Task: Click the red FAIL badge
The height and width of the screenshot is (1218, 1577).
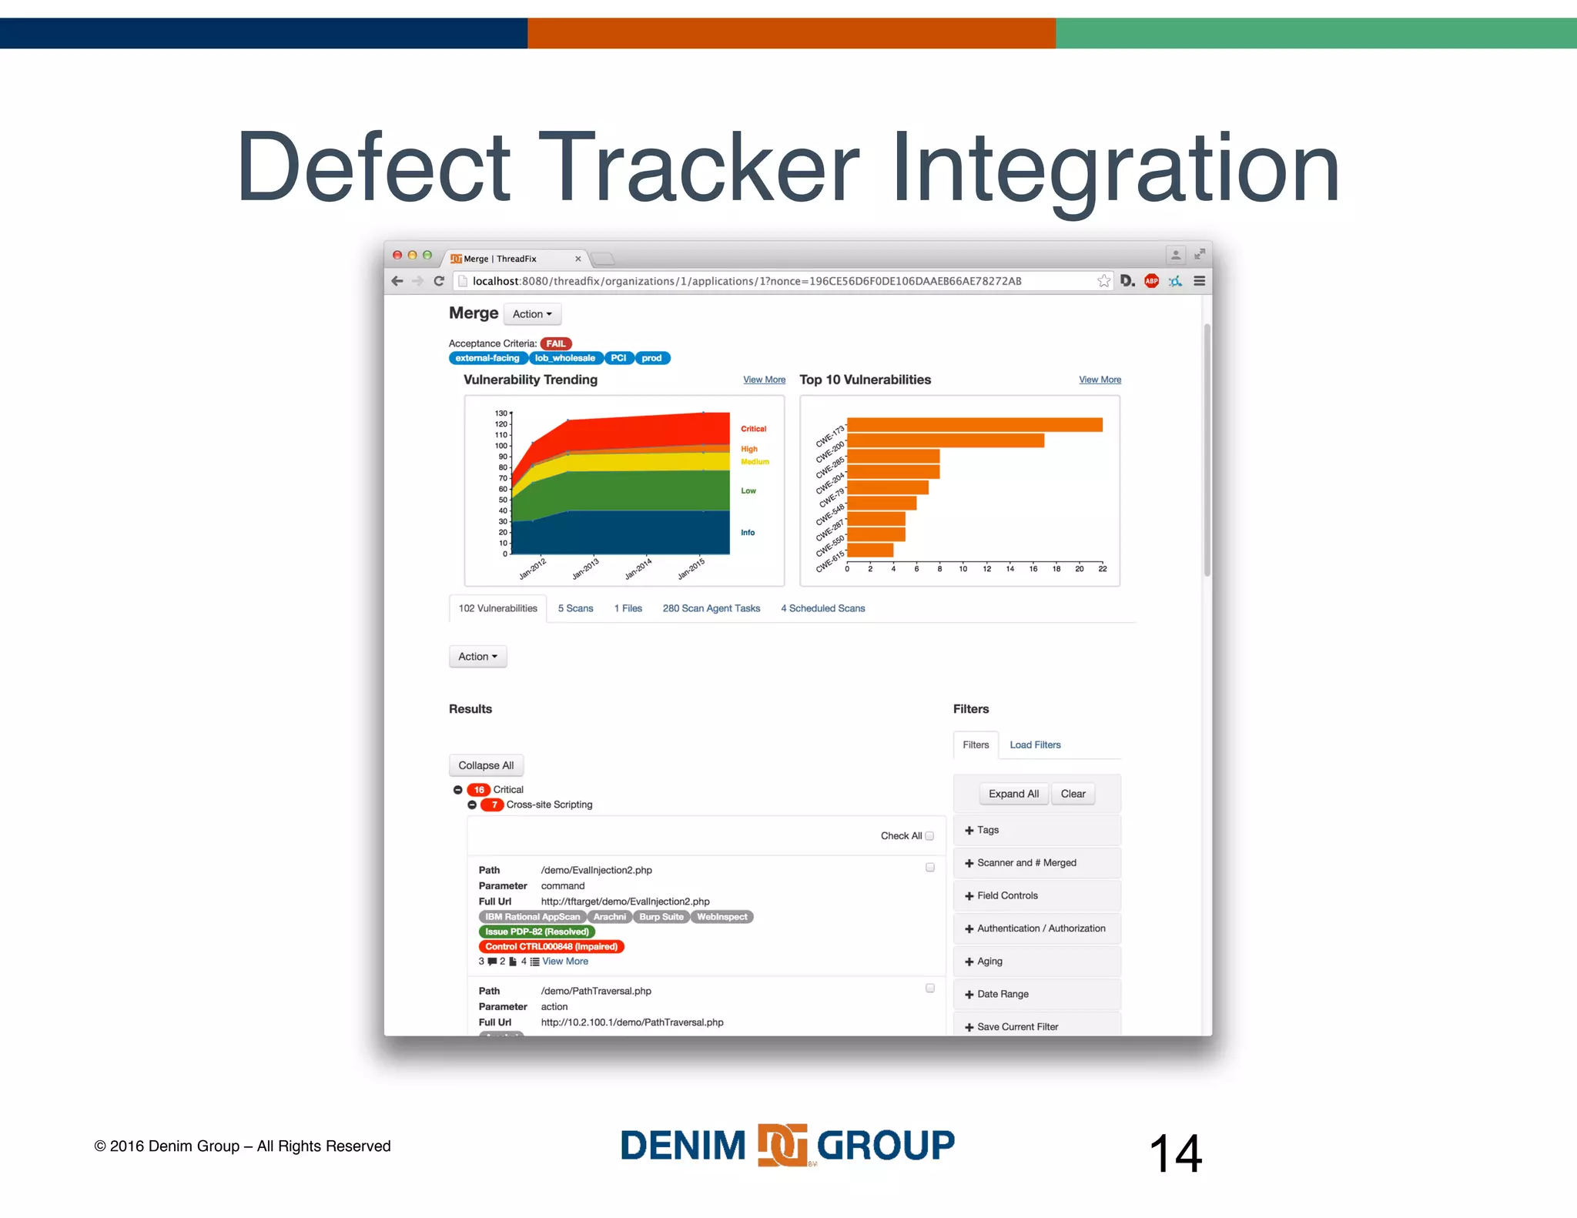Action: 555,343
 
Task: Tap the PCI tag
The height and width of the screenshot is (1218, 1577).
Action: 618,358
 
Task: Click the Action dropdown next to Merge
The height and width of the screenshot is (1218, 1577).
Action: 532,314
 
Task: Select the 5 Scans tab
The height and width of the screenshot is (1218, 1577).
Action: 575,608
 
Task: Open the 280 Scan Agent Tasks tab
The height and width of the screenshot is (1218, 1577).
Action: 711,608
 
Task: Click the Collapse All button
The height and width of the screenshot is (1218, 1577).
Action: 486,765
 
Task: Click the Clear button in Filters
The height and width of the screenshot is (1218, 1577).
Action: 1073,794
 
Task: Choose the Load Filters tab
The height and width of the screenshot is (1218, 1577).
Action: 1035,745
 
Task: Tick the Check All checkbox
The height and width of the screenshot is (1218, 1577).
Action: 929,836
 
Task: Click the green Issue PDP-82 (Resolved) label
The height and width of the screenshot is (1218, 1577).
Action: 537,932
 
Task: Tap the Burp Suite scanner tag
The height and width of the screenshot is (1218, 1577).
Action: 661,917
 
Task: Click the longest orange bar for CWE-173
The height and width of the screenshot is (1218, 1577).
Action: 974,424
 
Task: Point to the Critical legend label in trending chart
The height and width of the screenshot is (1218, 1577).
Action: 753,429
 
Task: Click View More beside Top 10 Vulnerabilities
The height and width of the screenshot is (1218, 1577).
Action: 1100,380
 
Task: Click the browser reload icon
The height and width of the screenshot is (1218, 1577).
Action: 439,281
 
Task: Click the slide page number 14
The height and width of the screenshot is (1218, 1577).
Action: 1175,1153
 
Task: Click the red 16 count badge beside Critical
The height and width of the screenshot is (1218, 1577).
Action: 479,790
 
